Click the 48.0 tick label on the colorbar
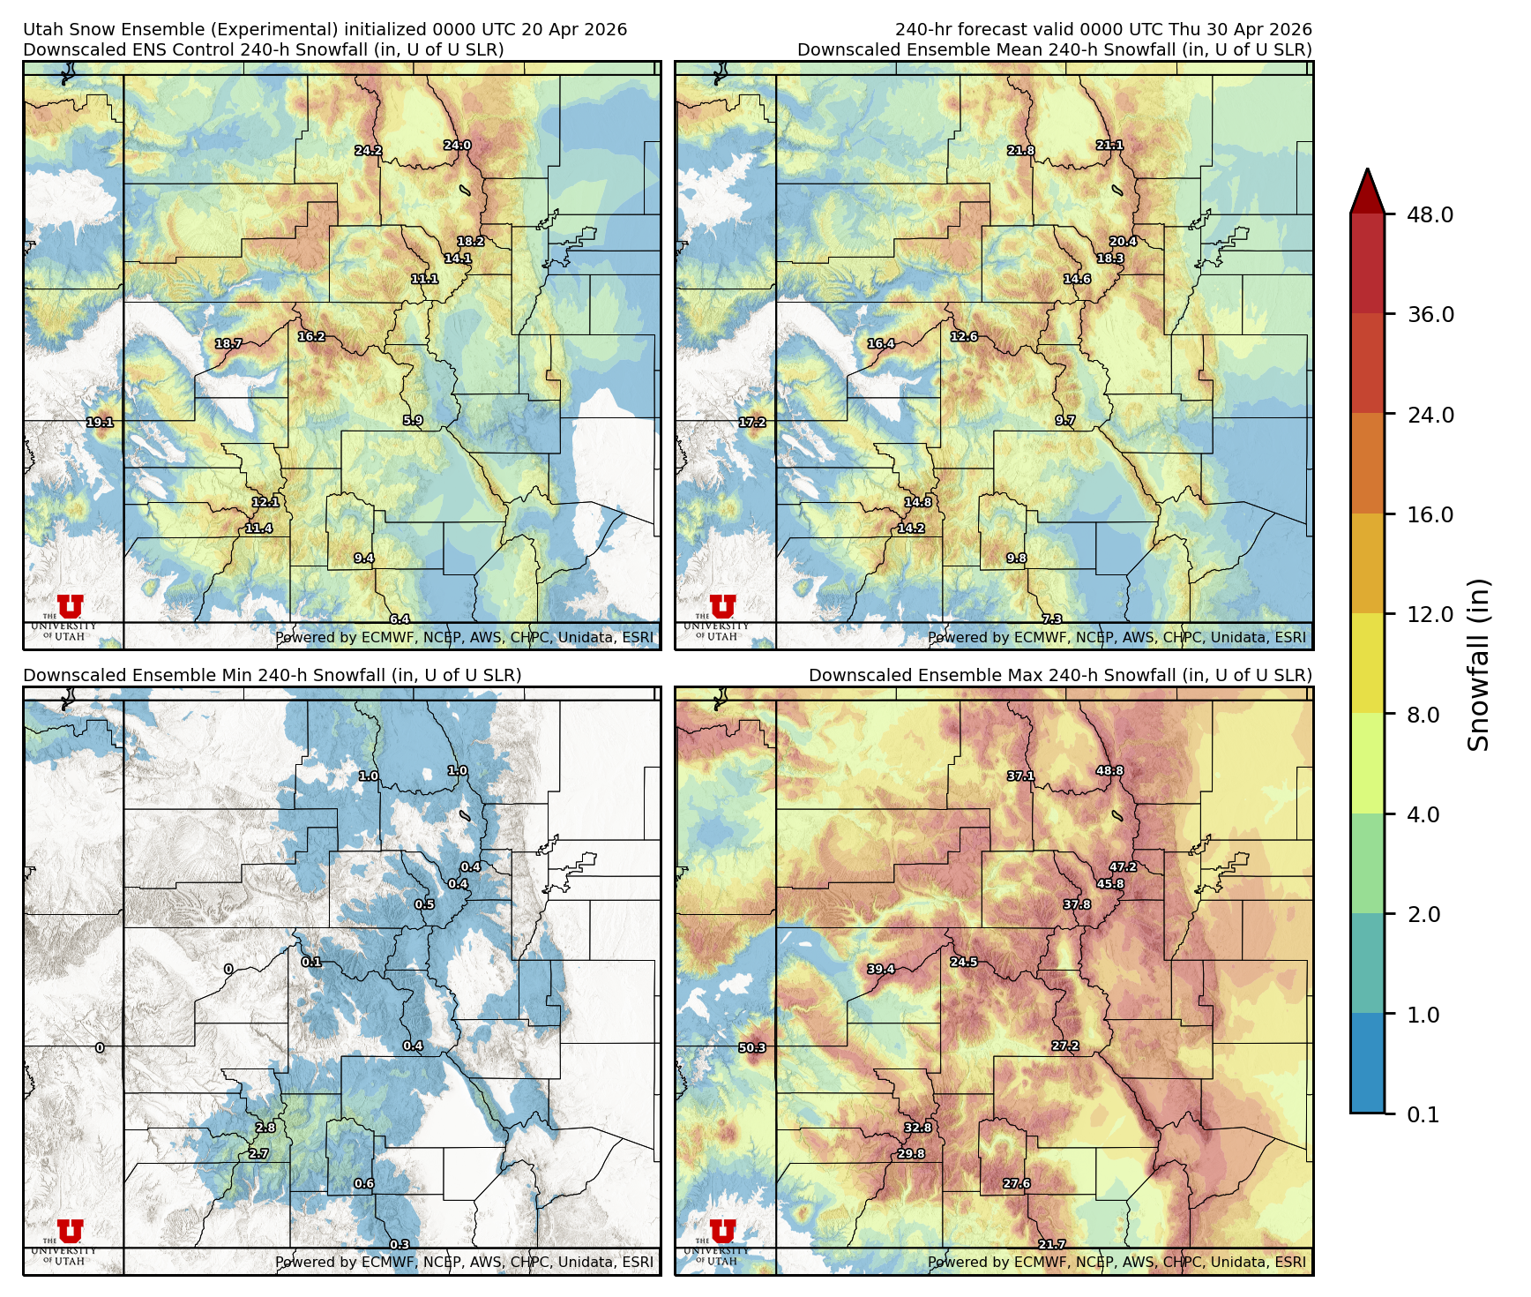[x=1430, y=214]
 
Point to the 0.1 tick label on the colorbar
[x=1423, y=1114]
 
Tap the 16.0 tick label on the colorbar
[x=1430, y=514]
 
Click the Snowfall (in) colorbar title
[x=1479, y=663]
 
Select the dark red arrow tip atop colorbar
[x=1367, y=190]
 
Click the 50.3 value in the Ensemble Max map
[x=751, y=1048]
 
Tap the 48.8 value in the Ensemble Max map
[x=1109, y=770]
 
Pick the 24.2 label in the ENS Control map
[x=368, y=151]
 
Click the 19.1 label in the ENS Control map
[x=100, y=423]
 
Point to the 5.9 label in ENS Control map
[x=413, y=421]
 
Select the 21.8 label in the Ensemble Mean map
[x=1020, y=151]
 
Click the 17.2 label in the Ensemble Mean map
[x=751, y=423]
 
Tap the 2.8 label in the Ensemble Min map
[x=265, y=1128]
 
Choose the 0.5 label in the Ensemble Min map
[x=424, y=904]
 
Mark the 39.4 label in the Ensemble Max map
[x=880, y=969]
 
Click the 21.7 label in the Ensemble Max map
[x=1051, y=1244]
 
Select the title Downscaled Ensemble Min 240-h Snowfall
[x=272, y=675]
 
